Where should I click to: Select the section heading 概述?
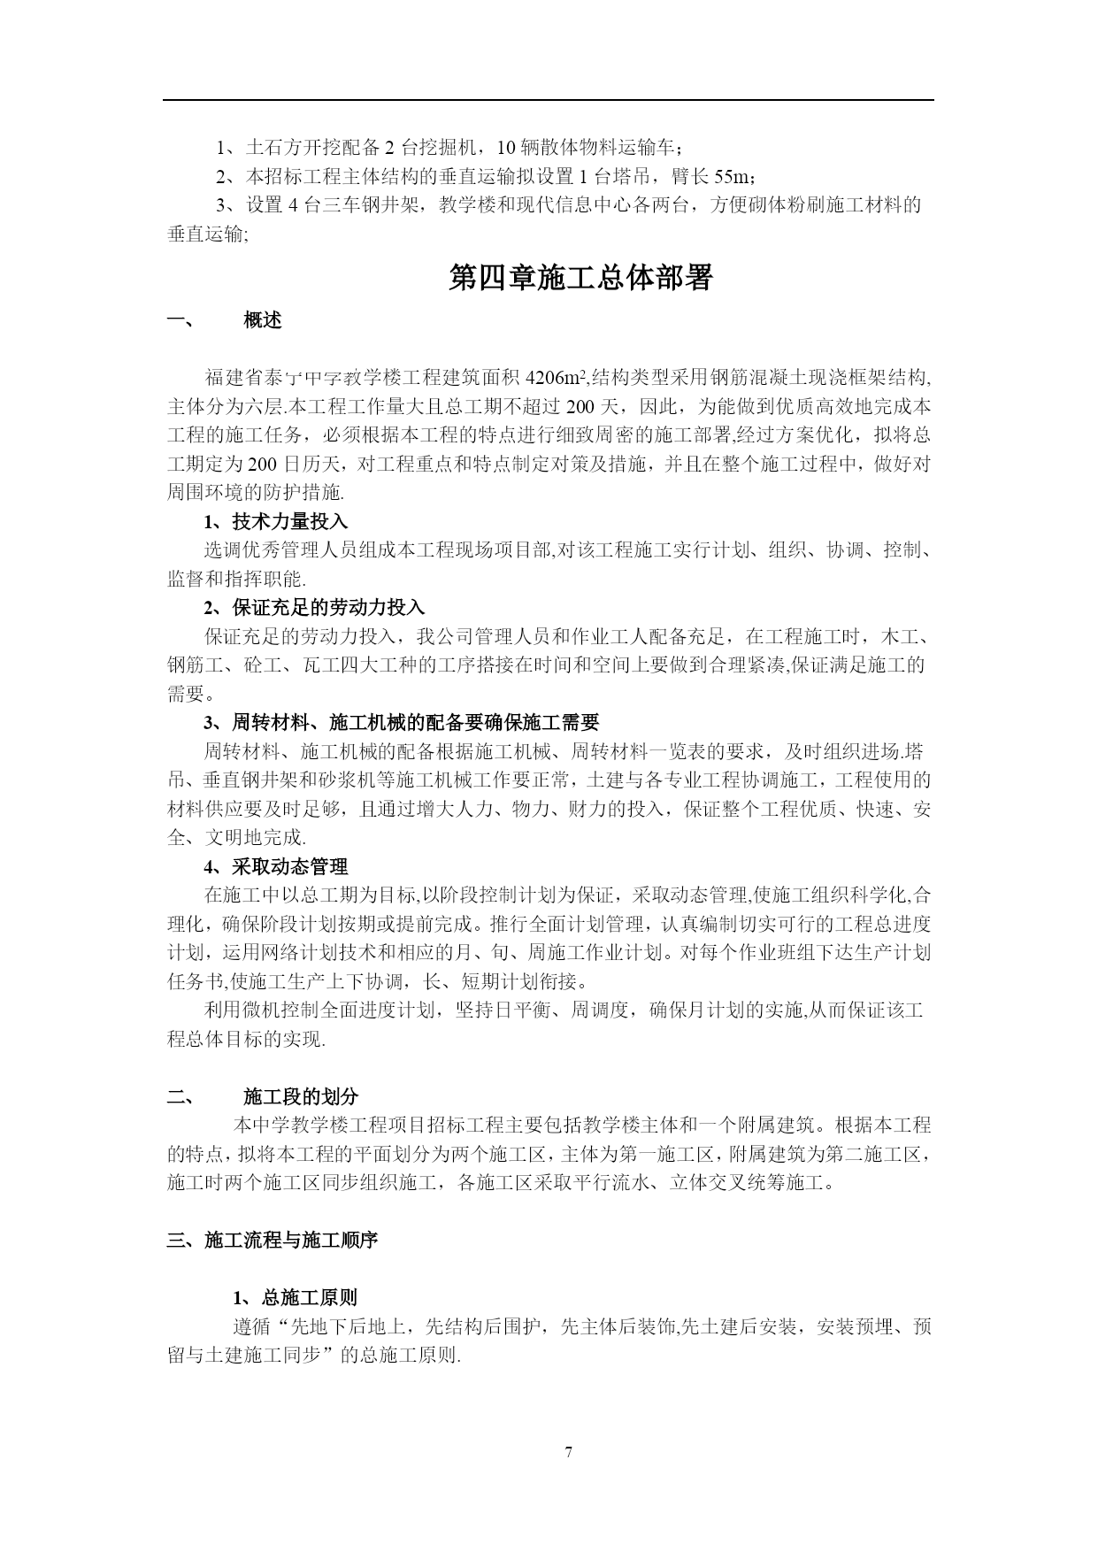tap(263, 321)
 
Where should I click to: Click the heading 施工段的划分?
tap(301, 1097)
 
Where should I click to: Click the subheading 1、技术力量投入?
tap(276, 522)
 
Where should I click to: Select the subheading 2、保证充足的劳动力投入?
tap(314, 608)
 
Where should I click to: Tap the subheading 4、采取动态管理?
tap(276, 867)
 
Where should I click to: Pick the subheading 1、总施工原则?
tap(296, 1298)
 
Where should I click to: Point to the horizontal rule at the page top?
tap(548, 100)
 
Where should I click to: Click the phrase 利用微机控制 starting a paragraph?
tap(251, 1010)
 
